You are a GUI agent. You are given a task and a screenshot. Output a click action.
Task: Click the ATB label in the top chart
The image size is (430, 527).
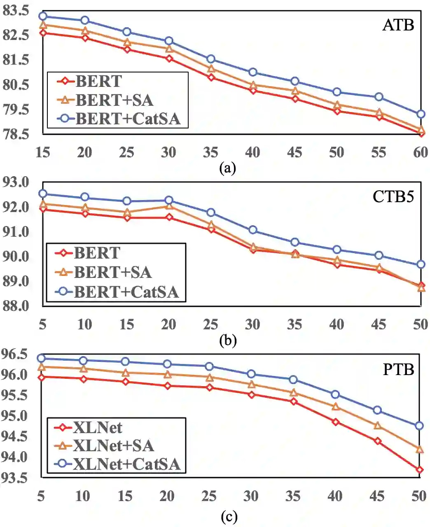click(398, 25)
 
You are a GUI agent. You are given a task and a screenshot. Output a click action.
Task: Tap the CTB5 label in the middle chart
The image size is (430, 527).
click(393, 197)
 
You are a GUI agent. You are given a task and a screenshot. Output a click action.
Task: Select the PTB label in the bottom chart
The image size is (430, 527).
click(398, 369)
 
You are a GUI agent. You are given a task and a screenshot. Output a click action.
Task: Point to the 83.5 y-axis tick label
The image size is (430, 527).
click(16, 11)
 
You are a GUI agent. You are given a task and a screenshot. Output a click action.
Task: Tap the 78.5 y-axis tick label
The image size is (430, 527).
click(16, 134)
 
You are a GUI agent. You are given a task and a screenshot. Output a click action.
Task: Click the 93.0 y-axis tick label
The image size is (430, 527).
click(16, 182)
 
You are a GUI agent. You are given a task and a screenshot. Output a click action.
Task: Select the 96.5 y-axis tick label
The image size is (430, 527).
click(15, 354)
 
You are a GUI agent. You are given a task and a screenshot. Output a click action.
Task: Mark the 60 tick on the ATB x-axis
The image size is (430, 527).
click(420, 152)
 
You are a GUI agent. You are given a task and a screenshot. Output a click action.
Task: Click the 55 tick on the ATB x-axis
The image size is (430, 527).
click(379, 152)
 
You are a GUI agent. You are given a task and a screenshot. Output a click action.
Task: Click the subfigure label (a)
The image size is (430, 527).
click(228, 168)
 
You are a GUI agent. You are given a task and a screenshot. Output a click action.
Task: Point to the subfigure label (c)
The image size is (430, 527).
click(229, 517)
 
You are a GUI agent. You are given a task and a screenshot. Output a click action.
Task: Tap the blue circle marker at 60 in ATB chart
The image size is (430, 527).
click(421, 114)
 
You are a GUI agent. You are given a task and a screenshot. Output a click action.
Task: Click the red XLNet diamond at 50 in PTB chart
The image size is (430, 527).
click(419, 470)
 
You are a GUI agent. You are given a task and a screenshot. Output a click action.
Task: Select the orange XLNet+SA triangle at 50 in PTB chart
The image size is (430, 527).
click(419, 449)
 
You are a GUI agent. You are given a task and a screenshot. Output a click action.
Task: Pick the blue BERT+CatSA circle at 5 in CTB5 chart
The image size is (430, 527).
click(42, 194)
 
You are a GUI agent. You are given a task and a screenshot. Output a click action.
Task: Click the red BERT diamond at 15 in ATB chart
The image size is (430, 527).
click(43, 33)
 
